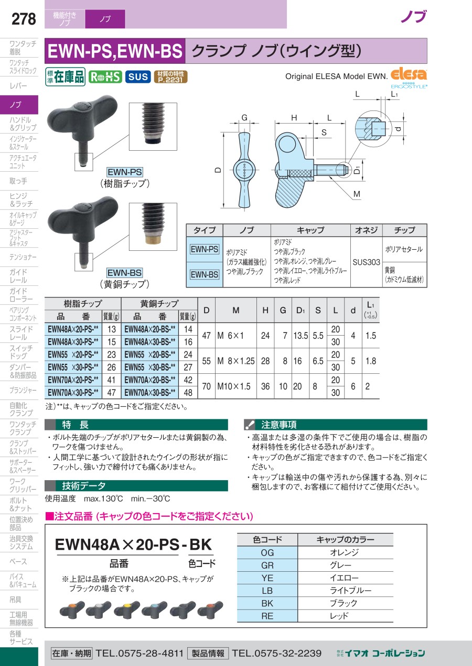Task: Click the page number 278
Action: (24, 19)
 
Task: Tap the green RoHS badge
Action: (105, 77)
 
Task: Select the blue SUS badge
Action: (138, 77)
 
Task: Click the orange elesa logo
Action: (409, 74)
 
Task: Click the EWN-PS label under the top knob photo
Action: (125, 172)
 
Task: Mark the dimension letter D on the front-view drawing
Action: (218, 170)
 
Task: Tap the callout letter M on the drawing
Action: (357, 194)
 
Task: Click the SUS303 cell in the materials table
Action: (366, 262)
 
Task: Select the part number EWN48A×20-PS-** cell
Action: (73, 329)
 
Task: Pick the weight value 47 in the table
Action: (111, 393)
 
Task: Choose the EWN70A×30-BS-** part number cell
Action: (150, 393)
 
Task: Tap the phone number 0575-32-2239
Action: (276, 653)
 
